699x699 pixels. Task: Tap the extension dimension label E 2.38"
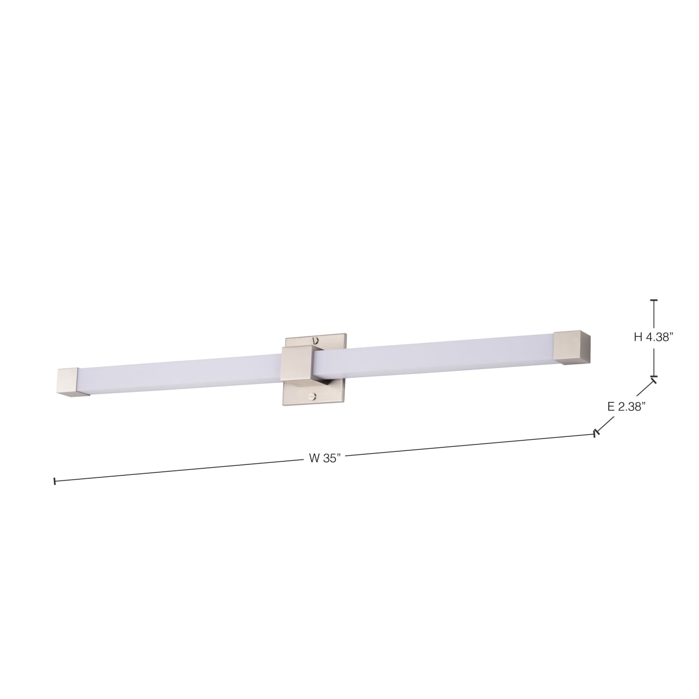627,406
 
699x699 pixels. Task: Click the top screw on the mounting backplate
315,340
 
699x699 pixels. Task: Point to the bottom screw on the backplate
313,397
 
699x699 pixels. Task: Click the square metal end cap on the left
70,381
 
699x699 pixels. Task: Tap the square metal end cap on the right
572,346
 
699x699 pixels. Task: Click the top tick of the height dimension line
654,301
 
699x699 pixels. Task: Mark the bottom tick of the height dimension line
654,376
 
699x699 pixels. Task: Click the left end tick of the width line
54,481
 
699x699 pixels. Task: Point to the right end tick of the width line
595,433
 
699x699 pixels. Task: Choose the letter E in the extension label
611,406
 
